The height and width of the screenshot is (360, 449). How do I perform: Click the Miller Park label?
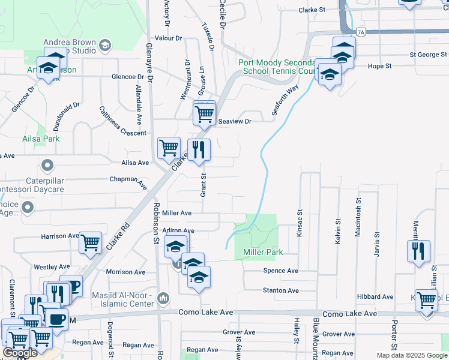point(263,252)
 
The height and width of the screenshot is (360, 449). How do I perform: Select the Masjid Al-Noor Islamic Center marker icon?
point(163,298)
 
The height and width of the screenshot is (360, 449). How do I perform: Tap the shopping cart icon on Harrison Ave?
point(90,242)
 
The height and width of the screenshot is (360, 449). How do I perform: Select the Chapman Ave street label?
point(128,181)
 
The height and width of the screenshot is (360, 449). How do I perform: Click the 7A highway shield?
point(360,31)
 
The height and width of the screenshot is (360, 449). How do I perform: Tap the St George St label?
point(428,55)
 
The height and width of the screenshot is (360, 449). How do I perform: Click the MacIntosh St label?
point(358,217)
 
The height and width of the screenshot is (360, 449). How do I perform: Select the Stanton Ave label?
point(280,290)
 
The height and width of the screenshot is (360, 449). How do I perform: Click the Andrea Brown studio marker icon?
point(105,45)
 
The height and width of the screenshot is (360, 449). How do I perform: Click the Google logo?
point(20,353)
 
